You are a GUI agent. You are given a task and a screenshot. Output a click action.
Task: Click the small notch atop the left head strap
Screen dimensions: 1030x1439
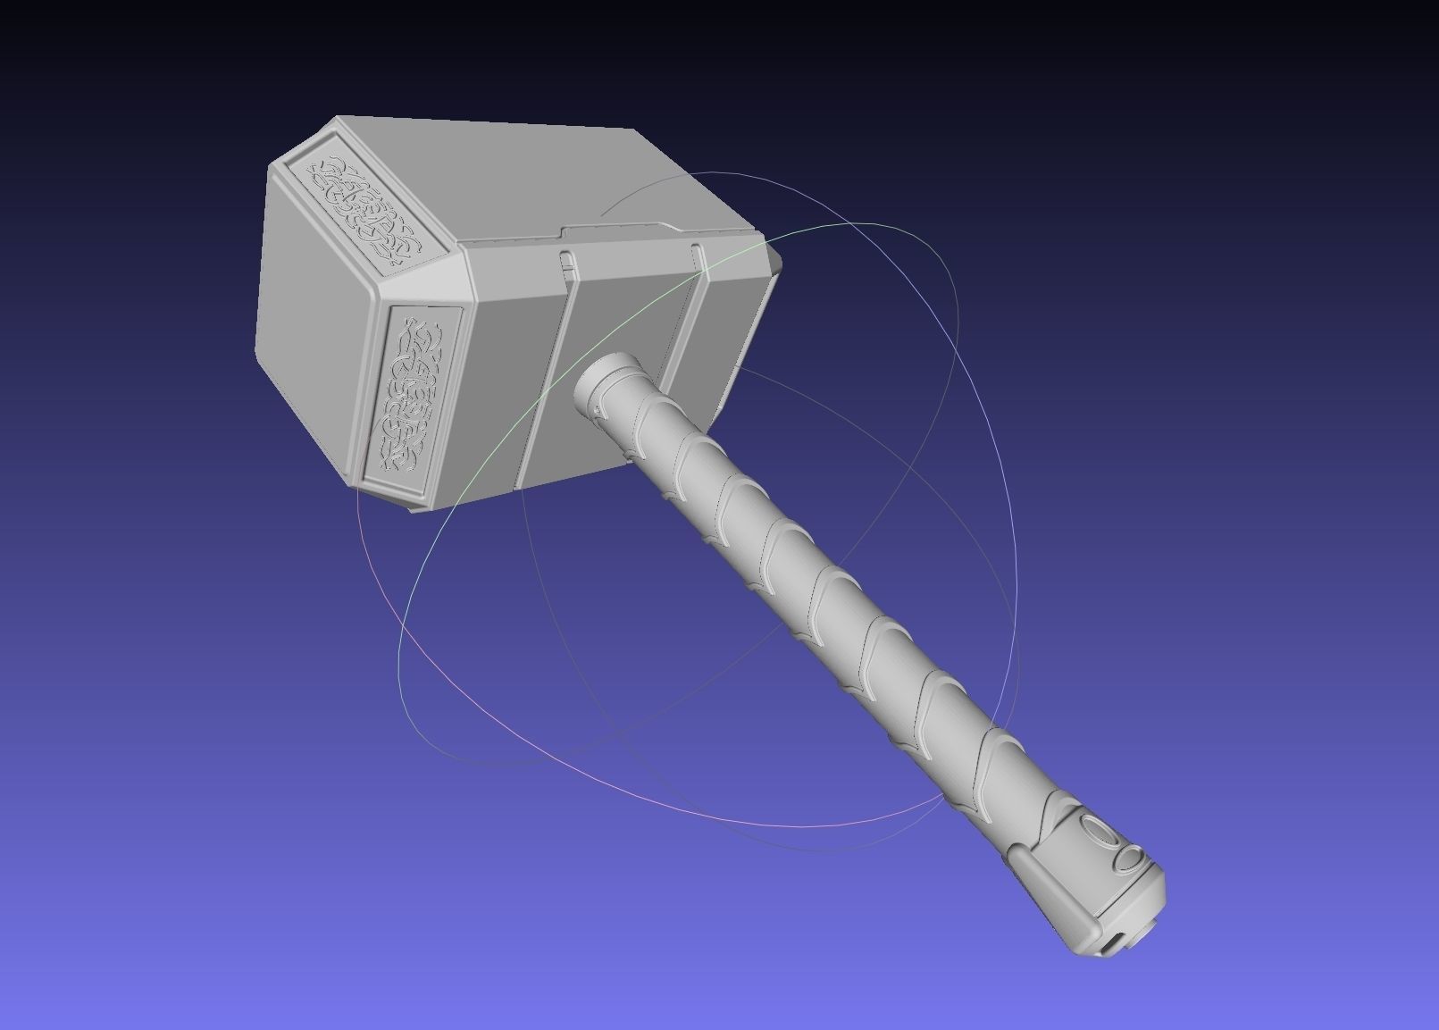point(565,258)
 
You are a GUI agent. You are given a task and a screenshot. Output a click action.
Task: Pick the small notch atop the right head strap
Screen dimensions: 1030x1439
point(698,249)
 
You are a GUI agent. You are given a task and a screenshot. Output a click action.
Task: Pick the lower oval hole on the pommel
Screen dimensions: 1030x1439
point(1129,860)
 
